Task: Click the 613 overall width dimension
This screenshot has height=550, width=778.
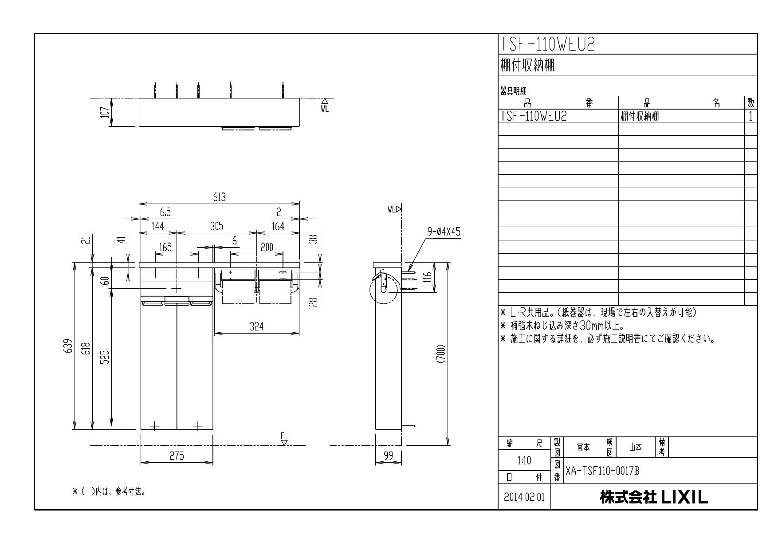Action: [x=220, y=198]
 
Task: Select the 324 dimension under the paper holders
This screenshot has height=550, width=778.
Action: [x=256, y=327]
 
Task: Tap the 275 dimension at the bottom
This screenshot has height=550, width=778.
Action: [x=177, y=456]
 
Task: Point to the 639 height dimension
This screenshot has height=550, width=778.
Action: [x=67, y=346]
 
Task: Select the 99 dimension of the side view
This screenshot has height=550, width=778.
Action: [x=388, y=456]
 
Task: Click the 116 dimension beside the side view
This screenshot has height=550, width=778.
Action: [x=427, y=277]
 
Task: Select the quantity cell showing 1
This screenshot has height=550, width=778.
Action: [x=750, y=116]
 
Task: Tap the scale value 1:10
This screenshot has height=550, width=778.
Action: [x=524, y=460]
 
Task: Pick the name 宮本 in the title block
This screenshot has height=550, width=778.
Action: [x=583, y=448]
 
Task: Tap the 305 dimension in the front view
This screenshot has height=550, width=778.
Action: [x=216, y=226]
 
